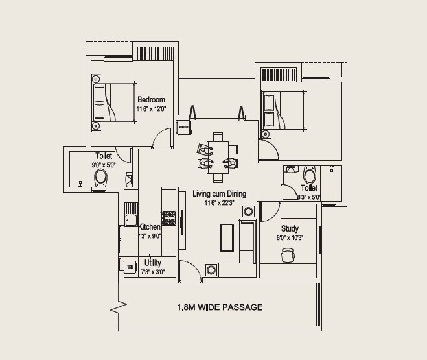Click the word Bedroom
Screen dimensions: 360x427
point(151,100)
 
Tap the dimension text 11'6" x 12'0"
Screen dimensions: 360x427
point(151,109)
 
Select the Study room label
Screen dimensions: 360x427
point(290,229)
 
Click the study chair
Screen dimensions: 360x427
point(288,256)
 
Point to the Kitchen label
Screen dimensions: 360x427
point(150,227)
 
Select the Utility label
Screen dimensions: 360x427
point(153,263)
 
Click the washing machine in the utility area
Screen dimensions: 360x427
point(130,265)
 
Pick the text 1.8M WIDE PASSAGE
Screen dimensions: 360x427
point(220,307)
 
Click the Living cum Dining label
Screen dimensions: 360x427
point(219,193)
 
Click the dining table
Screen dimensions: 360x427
point(218,157)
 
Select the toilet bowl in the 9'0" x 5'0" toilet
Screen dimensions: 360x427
point(100,176)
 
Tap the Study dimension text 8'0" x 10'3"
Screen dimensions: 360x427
point(290,237)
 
